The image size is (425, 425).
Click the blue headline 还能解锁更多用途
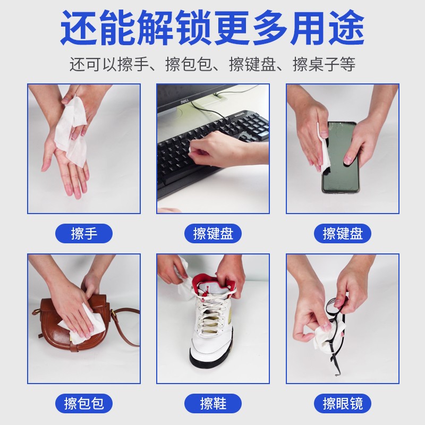(x=212, y=28)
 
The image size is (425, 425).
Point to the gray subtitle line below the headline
(x=212, y=65)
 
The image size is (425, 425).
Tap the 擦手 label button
(x=84, y=233)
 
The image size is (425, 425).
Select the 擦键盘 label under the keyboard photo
(x=213, y=233)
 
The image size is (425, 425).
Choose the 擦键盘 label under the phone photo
(x=343, y=233)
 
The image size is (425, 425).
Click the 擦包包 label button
(x=84, y=403)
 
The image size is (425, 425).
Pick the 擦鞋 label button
(x=213, y=403)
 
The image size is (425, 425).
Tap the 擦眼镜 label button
(x=343, y=403)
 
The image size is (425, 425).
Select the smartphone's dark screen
(x=340, y=159)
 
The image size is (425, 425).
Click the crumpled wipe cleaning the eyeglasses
(x=325, y=335)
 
